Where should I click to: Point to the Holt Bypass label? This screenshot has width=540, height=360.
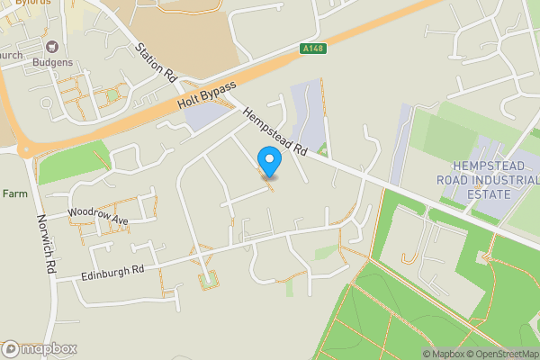point(206,95)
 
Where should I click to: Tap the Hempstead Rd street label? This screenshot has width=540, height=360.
point(274,133)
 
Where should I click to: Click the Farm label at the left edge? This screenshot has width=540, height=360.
point(14,193)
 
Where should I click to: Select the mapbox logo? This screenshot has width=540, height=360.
point(40,348)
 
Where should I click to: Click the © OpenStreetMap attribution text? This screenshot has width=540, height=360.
point(502,354)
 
